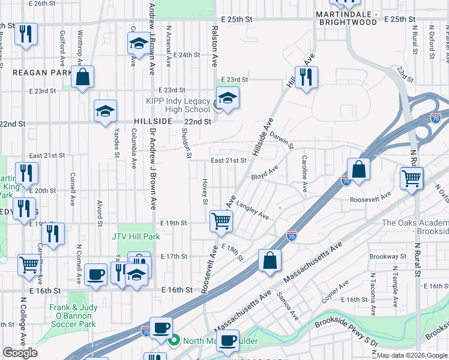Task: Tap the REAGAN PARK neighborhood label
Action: click(x=37, y=72)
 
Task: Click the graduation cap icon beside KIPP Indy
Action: click(x=228, y=98)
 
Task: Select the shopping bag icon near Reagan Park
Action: click(x=83, y=77)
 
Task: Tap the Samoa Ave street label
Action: click(x=288, y=306)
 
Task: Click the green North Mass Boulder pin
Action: click(x=174, y=342)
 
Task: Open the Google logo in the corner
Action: click(x=20, y=353)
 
